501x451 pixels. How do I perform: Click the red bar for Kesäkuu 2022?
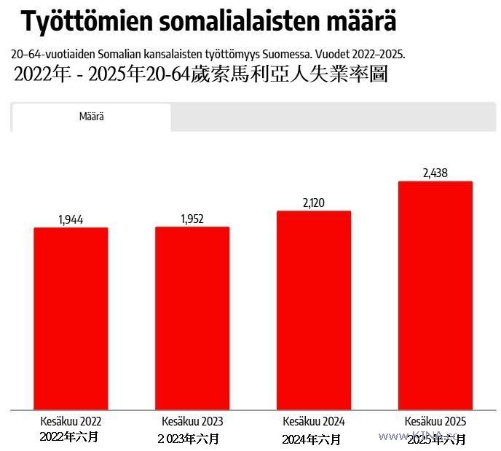(x=71, y=318)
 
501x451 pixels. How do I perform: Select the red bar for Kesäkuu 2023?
(x=192, y=318)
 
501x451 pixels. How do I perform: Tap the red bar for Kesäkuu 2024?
(x=314, y=310)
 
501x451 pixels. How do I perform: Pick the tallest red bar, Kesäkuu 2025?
(x=435, y=295)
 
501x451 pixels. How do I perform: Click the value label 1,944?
(x=71, y=219)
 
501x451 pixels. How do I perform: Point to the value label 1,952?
(x=192, y=219)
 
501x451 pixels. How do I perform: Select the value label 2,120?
(x=314, y=203)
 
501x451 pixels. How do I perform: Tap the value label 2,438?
(x=435, y=173)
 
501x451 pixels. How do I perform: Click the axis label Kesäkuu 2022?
(x=71, y=421)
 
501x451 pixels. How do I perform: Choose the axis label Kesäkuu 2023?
(x=192, y=421)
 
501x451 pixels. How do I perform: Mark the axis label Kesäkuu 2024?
(x=314, y=421)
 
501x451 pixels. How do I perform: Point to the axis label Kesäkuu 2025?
(x=435, y=421)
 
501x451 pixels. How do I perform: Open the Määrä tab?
(x=92, y=117)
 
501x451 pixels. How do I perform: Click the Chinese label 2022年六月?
(x=69, y=437)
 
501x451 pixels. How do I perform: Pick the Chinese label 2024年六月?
(x=312, y=439)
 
